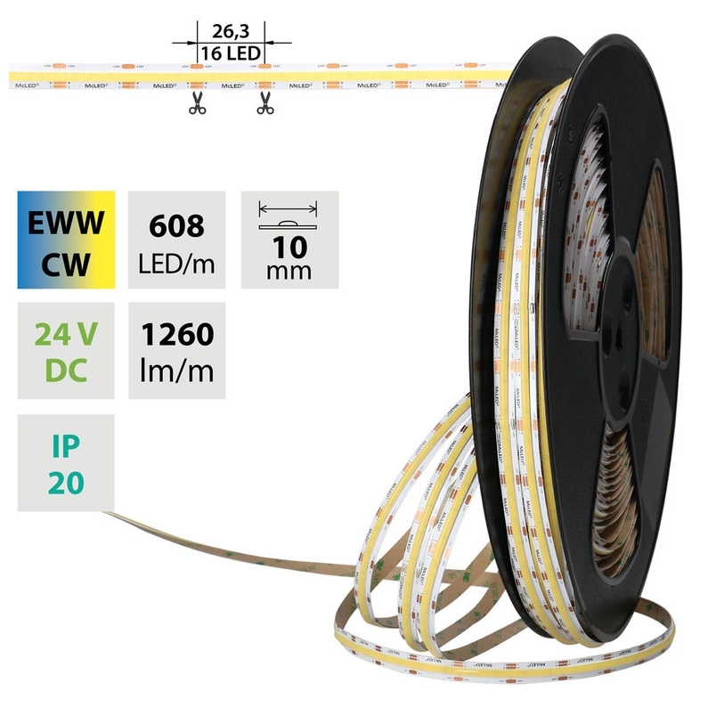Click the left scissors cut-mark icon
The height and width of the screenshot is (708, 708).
[x=197, y=104]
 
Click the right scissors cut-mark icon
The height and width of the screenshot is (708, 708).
[x=264, y=104]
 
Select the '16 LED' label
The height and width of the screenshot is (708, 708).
[x=230, y=53]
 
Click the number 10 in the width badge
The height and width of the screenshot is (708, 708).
[x=289, y=244]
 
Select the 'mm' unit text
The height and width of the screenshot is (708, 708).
[x=289, y=270]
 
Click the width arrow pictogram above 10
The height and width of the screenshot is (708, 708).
[x=289, y=211]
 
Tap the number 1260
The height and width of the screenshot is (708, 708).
[x=177, y=335]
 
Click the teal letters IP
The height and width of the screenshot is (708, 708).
[x=66, y=444]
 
